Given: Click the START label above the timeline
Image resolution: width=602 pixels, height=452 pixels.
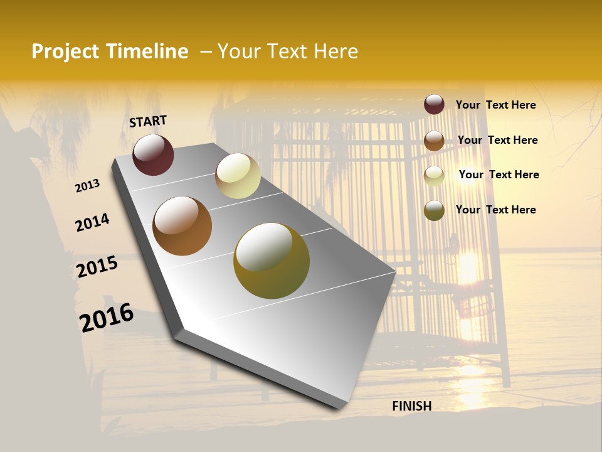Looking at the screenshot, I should (148, 121).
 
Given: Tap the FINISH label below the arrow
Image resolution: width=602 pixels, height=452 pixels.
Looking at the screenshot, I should (411, 406).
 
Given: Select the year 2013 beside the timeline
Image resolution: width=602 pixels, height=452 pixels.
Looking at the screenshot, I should (87, 186).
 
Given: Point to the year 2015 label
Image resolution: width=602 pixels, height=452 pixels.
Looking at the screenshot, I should (97, 267).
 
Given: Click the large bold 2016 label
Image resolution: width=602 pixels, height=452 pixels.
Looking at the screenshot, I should (107, 317).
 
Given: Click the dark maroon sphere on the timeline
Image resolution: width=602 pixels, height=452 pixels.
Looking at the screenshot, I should (153, 154).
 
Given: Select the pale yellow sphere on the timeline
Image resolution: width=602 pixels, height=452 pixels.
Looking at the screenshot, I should (238, 176).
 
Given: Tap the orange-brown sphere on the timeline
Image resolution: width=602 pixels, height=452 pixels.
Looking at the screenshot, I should (182, 226).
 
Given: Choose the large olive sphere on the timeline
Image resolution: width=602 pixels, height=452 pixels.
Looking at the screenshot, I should (271, 261).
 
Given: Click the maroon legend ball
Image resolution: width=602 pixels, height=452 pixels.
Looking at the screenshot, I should (434, 104).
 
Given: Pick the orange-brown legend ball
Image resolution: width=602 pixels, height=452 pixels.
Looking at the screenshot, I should (434, 141).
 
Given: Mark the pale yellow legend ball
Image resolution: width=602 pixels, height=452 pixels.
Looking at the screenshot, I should (434, 176).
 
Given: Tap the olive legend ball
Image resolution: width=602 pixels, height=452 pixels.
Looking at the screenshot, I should (434, 210).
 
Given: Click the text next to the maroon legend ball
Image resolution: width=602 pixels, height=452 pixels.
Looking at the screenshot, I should (495, 105).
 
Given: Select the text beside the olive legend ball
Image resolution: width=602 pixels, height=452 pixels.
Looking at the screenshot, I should (495, 210).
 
